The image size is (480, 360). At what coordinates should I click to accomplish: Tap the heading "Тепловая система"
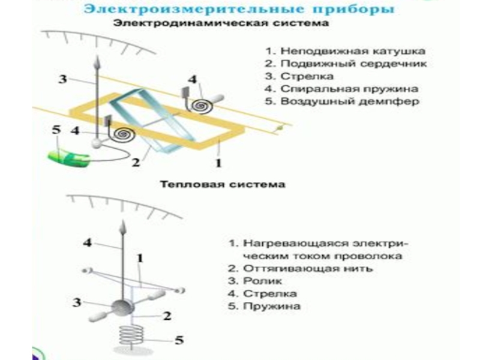pyautogui.click(x=222, y=184)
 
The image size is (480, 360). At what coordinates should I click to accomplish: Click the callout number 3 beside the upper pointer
pyautogui.click(x=62, y=79)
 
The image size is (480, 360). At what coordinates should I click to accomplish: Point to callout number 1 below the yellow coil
pyautogui.click(x=219, y=161)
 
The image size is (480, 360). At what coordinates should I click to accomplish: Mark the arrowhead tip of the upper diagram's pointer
pyautogui.click(x=96, y=59)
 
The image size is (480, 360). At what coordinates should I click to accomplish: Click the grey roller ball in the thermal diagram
pyautogui.click(x=125, y=307)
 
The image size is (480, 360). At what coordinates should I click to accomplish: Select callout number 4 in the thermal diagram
pyautogui.click(x=88, y=243)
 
